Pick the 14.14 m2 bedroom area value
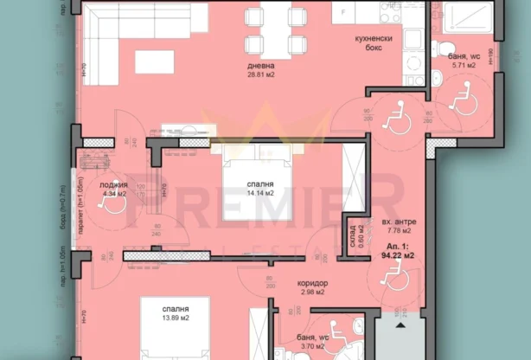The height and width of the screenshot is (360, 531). tap(260, 194)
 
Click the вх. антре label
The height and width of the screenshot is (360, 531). tap(398, 222)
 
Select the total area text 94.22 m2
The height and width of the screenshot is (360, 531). tap(398, 256)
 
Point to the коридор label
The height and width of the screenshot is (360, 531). tap(311, 284)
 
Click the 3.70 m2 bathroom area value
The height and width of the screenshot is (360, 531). tap(310, 346)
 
